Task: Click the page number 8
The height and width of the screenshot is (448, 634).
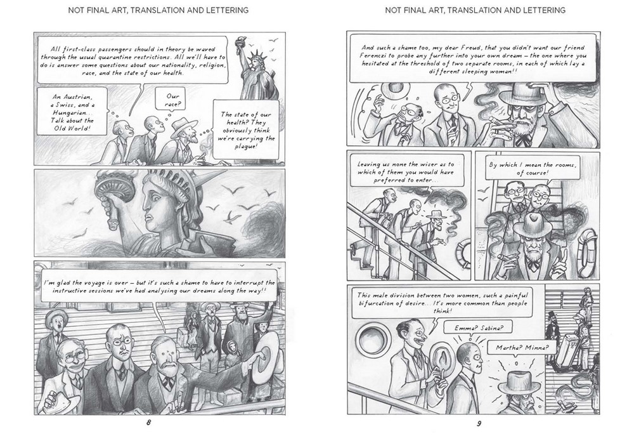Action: click(x=148, y=423)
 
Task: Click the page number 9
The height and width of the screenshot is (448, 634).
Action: click(x=479, y=424)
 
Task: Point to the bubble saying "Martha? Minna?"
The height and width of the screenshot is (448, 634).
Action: click(x=522, y=347)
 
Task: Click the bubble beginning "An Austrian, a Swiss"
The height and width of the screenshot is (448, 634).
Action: click(x=72, y=112)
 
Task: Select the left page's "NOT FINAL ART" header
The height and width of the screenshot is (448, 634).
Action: click(x=158, y=10)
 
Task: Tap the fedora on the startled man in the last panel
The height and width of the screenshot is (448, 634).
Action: click(x=519, y=383)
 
